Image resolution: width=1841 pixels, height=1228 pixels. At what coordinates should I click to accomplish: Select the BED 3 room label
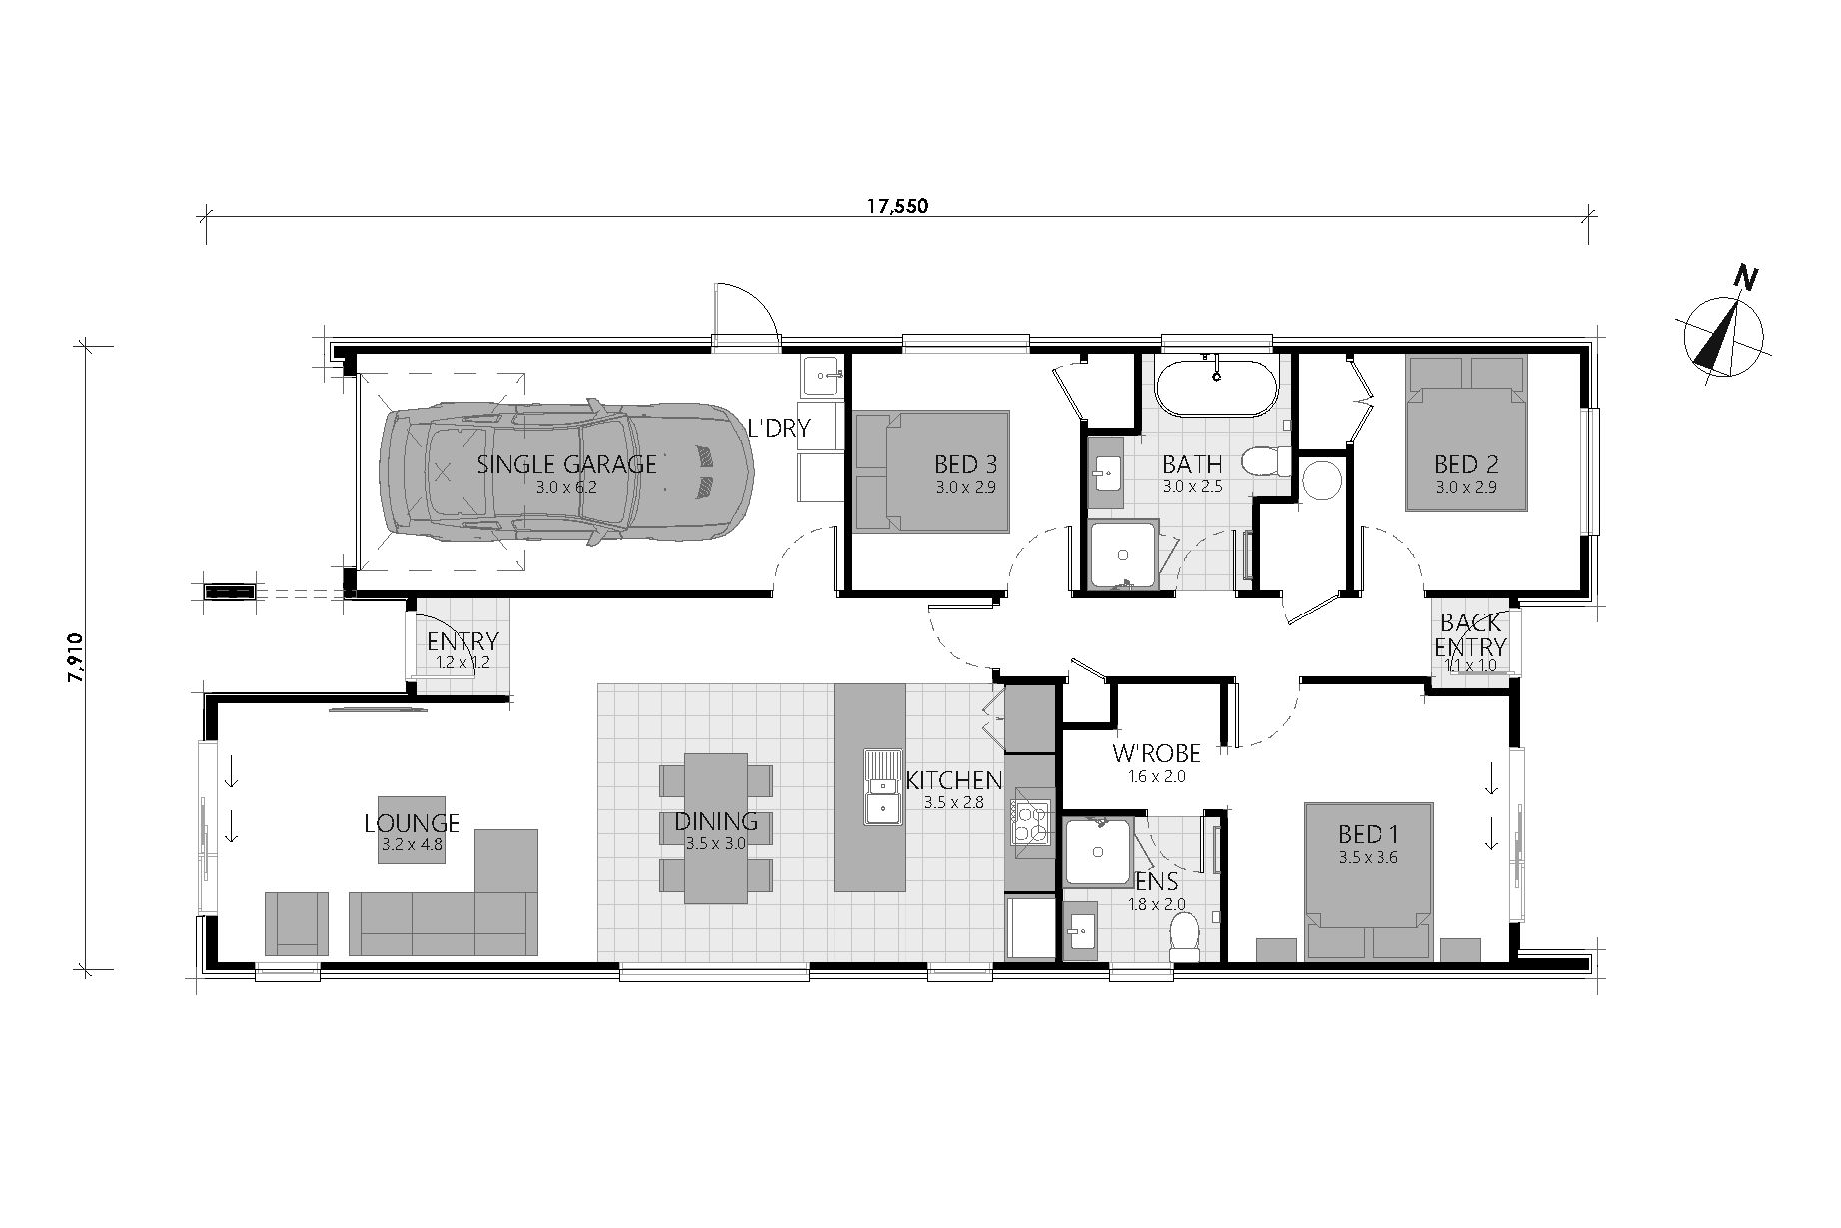point(965,464)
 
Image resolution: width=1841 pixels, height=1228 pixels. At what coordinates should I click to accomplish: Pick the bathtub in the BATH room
point(1216,385)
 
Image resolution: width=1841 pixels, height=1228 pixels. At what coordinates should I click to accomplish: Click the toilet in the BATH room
point(1263,462)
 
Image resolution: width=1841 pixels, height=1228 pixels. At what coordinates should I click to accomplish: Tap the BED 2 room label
point(1466,464)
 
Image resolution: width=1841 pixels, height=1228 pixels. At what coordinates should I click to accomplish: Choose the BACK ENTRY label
point(1470,636)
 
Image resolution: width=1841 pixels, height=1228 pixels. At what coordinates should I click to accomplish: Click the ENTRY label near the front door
point(461,641)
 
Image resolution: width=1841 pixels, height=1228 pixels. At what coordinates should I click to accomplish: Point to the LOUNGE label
point(411,823)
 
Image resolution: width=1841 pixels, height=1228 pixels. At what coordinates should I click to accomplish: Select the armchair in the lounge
point(297,922)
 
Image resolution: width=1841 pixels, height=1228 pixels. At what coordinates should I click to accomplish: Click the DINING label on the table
point(716,822)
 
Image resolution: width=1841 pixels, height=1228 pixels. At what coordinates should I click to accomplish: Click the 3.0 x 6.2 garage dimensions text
point(566,488)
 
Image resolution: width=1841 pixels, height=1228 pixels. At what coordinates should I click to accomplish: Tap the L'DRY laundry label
point(779,429)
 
